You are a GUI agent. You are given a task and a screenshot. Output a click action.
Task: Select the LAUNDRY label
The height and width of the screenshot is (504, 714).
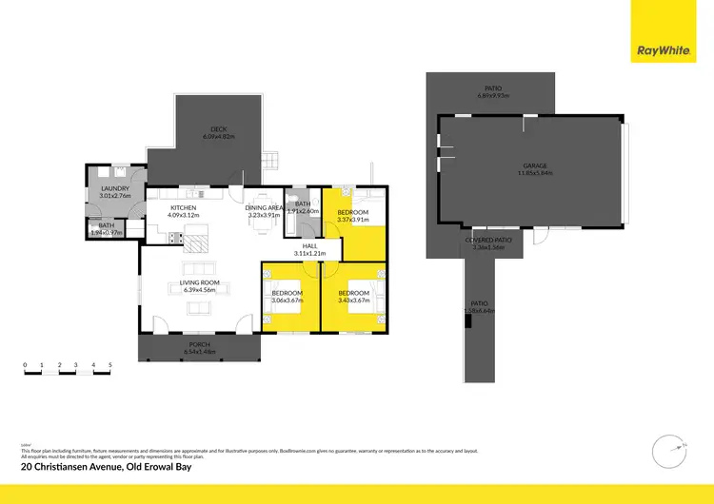115,189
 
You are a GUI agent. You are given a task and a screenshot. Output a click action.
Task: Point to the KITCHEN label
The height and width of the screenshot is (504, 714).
183,207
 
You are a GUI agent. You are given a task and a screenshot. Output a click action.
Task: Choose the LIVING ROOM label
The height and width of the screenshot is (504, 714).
200,282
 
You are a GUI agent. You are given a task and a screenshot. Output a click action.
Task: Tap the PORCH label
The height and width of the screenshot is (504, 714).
199,343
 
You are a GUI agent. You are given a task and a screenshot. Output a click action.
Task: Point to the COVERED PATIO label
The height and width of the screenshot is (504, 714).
489,240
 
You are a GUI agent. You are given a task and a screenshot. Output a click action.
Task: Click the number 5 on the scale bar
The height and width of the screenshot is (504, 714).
110,365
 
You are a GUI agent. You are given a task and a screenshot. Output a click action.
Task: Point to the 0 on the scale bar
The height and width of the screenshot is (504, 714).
26,365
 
